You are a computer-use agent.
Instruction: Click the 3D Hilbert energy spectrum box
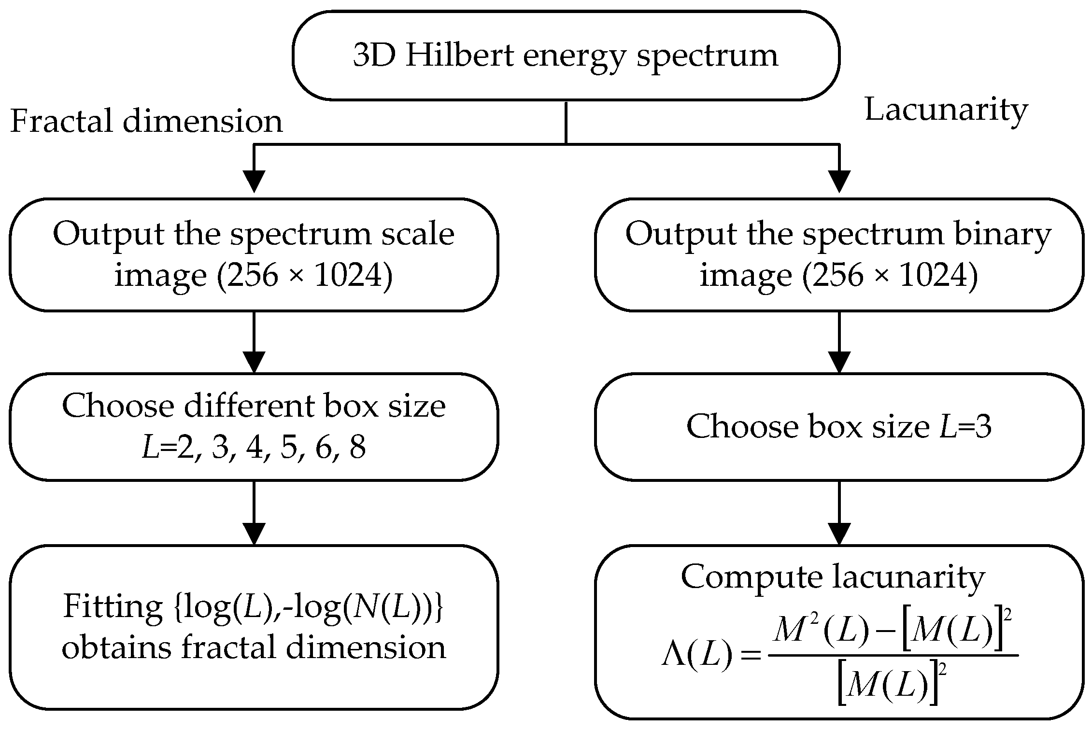point(566,56)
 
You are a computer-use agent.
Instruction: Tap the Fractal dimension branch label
point(146,121)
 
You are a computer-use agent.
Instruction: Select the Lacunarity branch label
point(946,110)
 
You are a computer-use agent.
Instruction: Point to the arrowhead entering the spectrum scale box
point(254,182)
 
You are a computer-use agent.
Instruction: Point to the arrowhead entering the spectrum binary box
point(839,182)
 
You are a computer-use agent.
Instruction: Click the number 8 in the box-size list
point(357,448)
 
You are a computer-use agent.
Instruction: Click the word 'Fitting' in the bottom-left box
point(113,606)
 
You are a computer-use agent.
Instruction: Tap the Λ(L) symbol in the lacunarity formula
point(696,657)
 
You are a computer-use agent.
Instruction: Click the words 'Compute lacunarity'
point(833,577)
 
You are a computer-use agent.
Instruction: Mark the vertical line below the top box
point(566,123)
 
